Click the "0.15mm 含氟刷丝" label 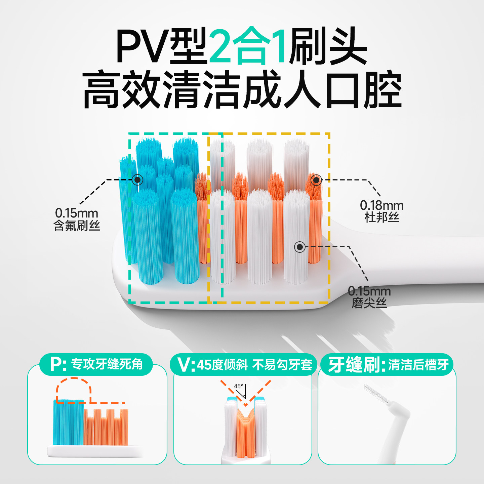coord(77,219)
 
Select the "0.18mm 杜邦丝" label coord(381,211)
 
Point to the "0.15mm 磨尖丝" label coord(369,297)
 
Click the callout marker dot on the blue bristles coord(137,180)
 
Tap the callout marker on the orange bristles coord(316,180)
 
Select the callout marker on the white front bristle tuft coord(299,247)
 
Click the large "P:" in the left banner coord(58,364)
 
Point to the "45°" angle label coord(238,386)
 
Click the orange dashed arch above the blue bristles coord(74,387)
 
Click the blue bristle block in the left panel coord(68,422)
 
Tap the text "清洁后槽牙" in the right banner coord(418,365)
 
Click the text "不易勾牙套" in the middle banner coord(282,365)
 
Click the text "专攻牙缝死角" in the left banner coord(107,364)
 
